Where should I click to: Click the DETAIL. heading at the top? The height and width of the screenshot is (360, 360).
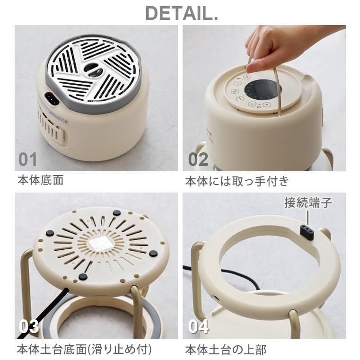click(x=181, y=13)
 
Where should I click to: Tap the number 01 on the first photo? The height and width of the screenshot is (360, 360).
click(x=27, y=159)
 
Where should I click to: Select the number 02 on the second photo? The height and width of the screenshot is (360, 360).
click(x=198, y=159)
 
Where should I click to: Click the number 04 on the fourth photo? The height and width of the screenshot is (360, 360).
click(x=198, y=326)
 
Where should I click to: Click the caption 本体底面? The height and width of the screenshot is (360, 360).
click(x=40, y=181)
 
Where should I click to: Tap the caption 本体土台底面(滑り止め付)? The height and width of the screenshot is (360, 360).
click(x=84, y=350)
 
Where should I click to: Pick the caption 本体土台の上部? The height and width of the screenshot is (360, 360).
click(x=225, y=350)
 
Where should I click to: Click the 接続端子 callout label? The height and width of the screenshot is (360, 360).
click(x=308, y=203)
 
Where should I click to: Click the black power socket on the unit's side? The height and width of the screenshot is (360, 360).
click(x=52, y=99)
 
